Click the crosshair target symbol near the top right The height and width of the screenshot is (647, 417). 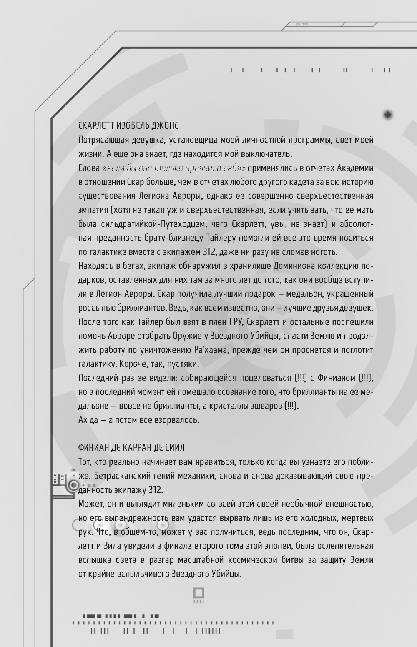tap(388, 114)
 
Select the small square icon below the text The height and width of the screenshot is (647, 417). tap(198, 593)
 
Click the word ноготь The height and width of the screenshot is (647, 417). tap(324, 252)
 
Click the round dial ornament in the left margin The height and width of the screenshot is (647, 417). tap(74, 485)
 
